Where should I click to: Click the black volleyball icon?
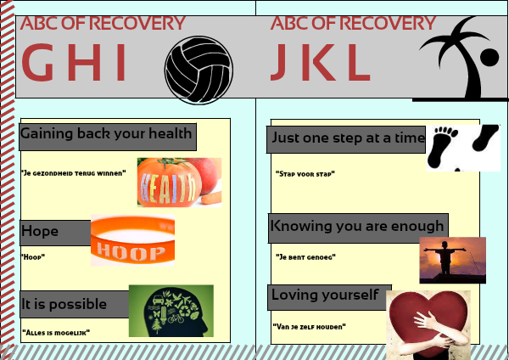coord(199,70)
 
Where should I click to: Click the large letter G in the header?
coord(37,62)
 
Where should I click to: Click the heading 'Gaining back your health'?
coord(106,134)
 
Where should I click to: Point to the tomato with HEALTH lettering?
coord(170,183)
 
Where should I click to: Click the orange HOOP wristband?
coord(133,240)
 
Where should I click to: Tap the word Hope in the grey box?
coord(40,231)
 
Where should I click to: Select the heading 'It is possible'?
coord(64,304)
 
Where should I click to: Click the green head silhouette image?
coord(171,311)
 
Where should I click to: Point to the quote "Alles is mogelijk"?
coord(56,332)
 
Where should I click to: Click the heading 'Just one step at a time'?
coord(348,138)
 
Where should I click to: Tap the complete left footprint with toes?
coord(443,145)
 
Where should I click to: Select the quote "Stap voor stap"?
coord(305,174)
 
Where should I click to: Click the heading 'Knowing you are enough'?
coord(357,226)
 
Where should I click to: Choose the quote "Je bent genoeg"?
coord(305,257)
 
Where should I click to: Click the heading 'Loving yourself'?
coord(325,295)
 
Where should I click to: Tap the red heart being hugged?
coord(428,322)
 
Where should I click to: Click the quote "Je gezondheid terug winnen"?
coord(73,173)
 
